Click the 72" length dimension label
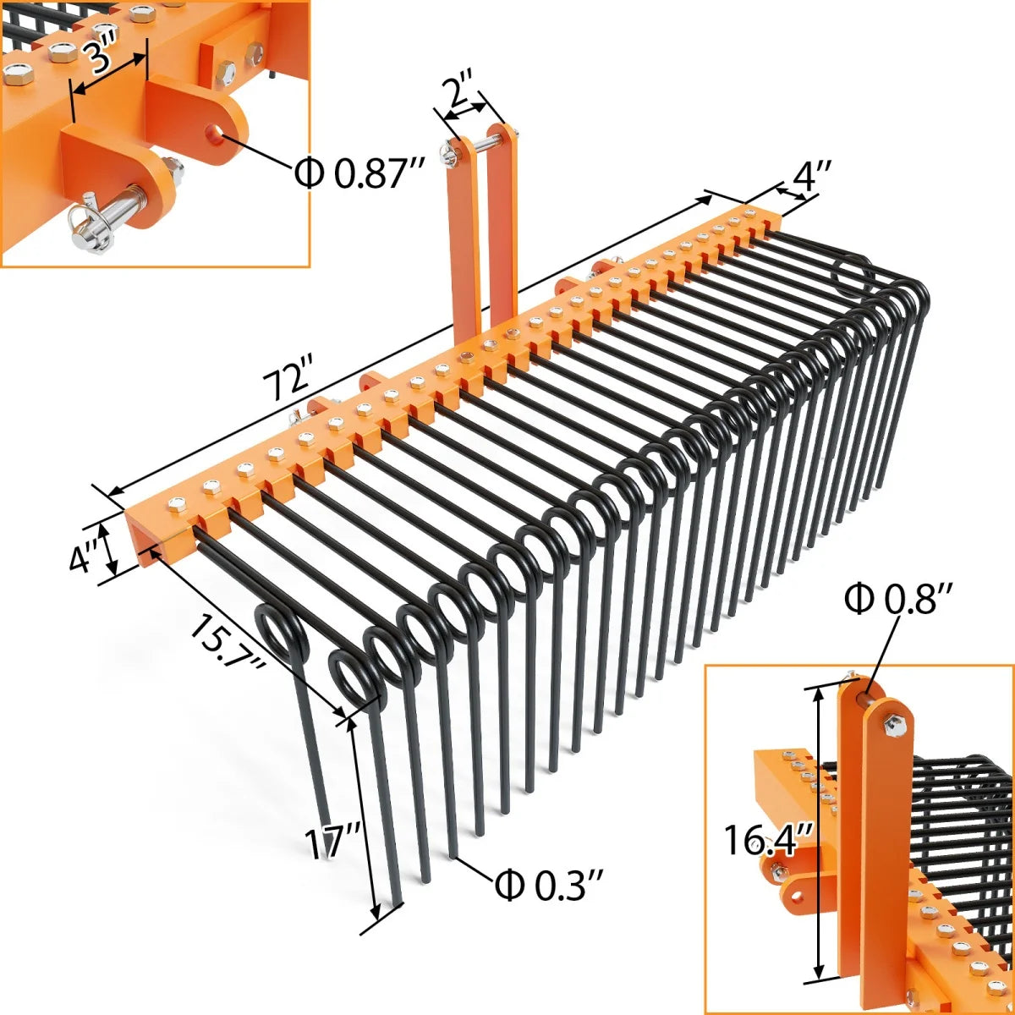click(288, 380)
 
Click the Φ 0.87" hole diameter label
click(359, 173)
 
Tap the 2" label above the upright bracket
click(462, 88)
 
